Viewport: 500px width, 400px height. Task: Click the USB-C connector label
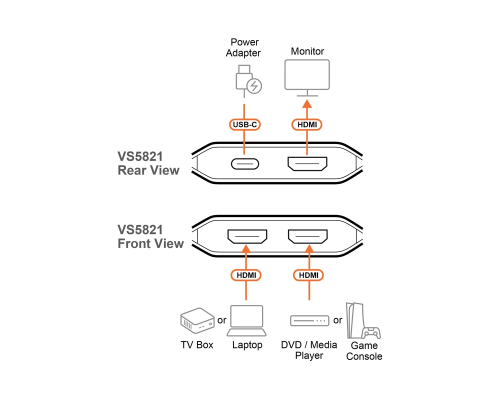[x=244, y=124]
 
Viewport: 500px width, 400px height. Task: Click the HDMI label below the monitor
[x=307, y=124]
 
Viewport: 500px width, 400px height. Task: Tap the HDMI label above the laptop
[x=246, y=275]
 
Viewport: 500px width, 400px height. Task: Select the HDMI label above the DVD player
[x=308, y=275]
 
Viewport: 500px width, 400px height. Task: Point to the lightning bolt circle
[x=254, y=86]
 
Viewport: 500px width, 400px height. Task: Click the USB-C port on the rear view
[x=245, y=164]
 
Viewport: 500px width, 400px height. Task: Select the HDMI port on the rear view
[x=307, y=163]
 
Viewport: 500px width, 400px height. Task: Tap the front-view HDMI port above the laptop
[x=247, y=236]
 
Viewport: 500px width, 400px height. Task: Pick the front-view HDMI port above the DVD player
[x=307, y=236]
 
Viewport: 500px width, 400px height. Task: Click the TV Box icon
[x=197, y=320]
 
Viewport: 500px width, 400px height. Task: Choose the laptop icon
[x=246, y=320]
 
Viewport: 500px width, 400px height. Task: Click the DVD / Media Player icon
[x=309, y=320]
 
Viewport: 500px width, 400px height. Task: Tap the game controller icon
[x=371, y=332]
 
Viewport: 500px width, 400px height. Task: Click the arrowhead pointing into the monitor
[x=307, y=103]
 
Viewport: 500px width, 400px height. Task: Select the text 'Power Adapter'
[x=243, y=47]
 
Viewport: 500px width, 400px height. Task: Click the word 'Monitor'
[x=307, y=51]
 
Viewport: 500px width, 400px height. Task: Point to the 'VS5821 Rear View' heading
[x=148, y=163]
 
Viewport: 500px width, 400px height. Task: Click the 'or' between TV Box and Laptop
[x=221, y=320]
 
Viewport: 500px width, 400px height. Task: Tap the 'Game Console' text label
[x=364, y=350]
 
